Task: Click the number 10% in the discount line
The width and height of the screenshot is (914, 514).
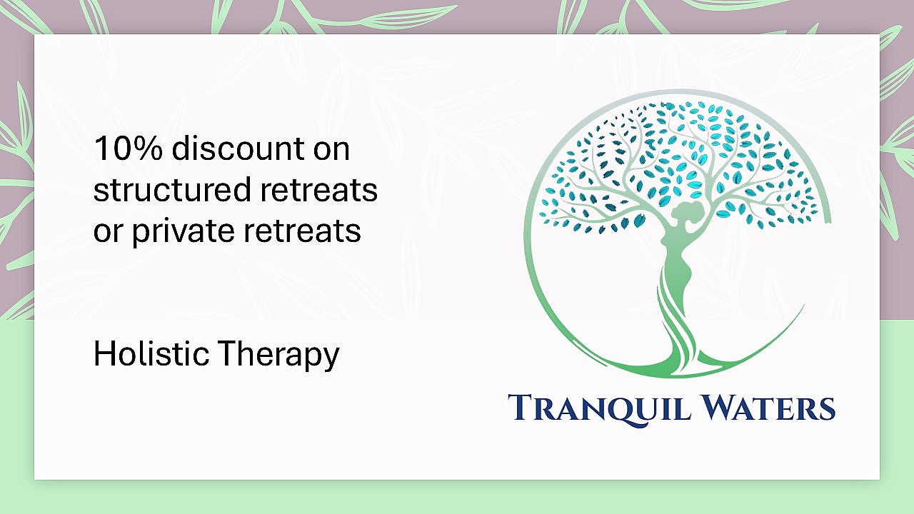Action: click(x=128, y=148)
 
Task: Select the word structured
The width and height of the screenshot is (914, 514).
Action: click(x=172, y=190)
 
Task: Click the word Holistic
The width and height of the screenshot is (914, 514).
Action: click(x=151, y=353)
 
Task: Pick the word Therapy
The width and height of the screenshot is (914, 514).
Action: click(x=278, y=355)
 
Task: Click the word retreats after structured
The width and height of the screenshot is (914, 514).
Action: click(x=318, y=191)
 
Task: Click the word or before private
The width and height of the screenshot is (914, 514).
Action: click(x=108, y=233)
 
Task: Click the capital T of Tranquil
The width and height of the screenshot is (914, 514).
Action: click(x=521, y=408)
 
